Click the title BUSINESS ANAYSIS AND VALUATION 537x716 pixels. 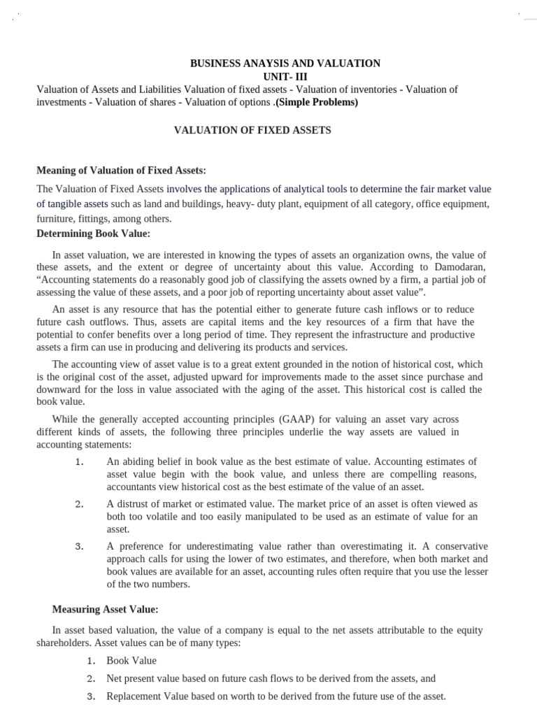tap(285, 64)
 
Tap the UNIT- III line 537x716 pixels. tap(285, 77)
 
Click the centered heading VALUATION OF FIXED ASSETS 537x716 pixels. tap(252, 131)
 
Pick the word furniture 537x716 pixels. tap(55, 219)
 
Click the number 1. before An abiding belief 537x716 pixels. tap(79, 462)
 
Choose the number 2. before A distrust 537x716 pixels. tap(79, 504)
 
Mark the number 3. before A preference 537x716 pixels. tap(79, 546)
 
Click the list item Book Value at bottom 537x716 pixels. tap(131, 661)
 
